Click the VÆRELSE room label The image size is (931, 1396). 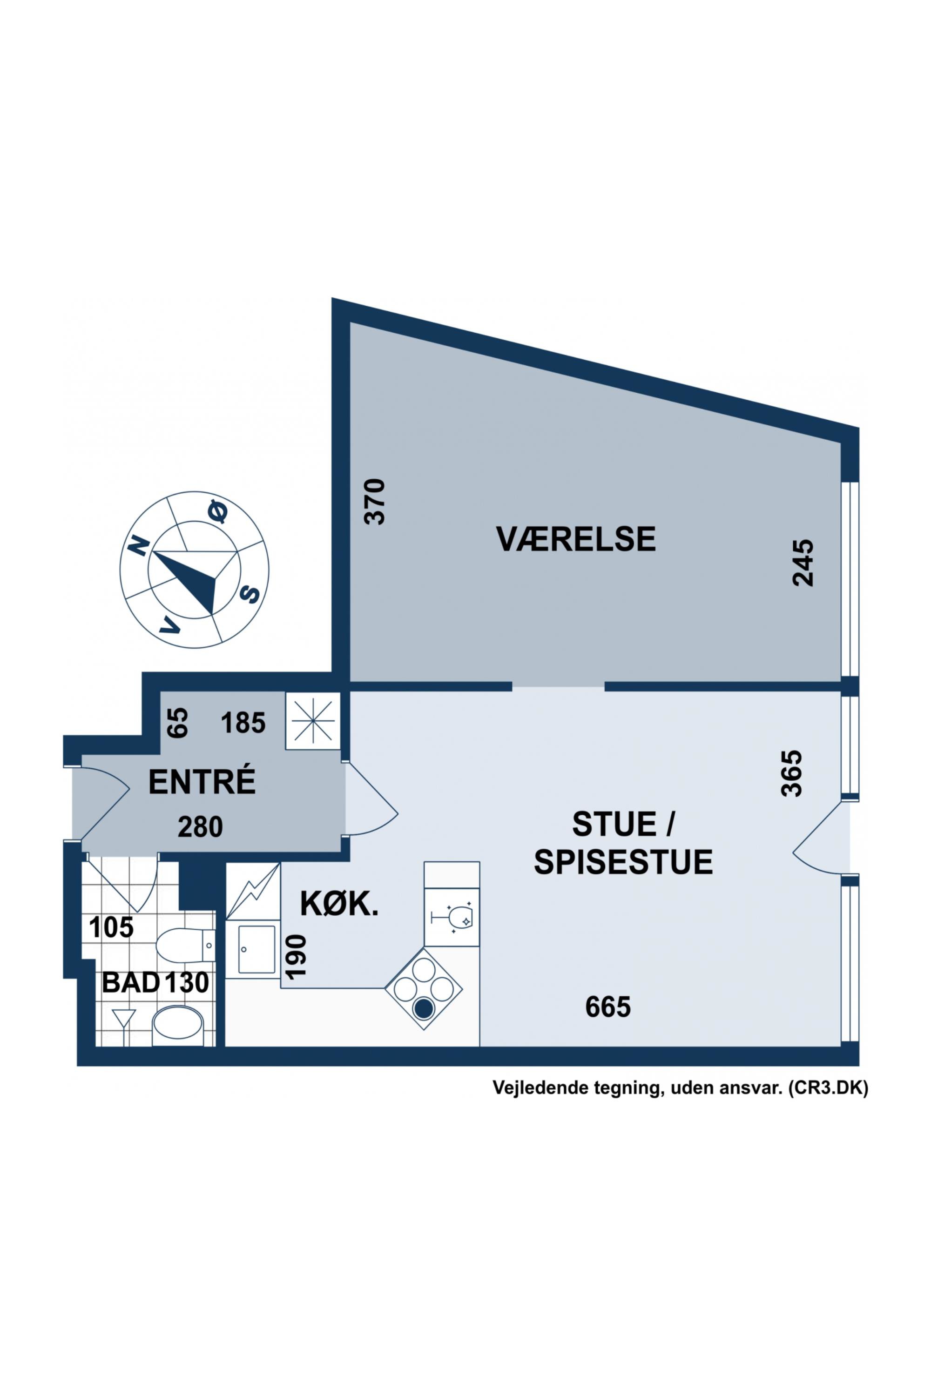(575, 539)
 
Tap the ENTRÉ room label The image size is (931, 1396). (202, 782)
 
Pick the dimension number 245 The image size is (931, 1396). (803, 563)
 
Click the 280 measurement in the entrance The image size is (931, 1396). (201, 827)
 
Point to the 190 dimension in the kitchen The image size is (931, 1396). (296, 956)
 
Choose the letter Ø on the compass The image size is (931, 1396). (217, 511)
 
